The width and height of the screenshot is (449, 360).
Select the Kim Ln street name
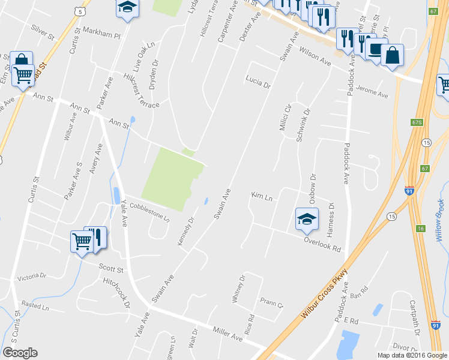262,196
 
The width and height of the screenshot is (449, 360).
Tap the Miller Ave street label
228,334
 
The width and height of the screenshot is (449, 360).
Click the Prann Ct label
271,302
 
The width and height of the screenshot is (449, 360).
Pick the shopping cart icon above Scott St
82,241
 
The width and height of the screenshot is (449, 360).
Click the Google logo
20,352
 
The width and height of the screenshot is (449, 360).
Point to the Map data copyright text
412,355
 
